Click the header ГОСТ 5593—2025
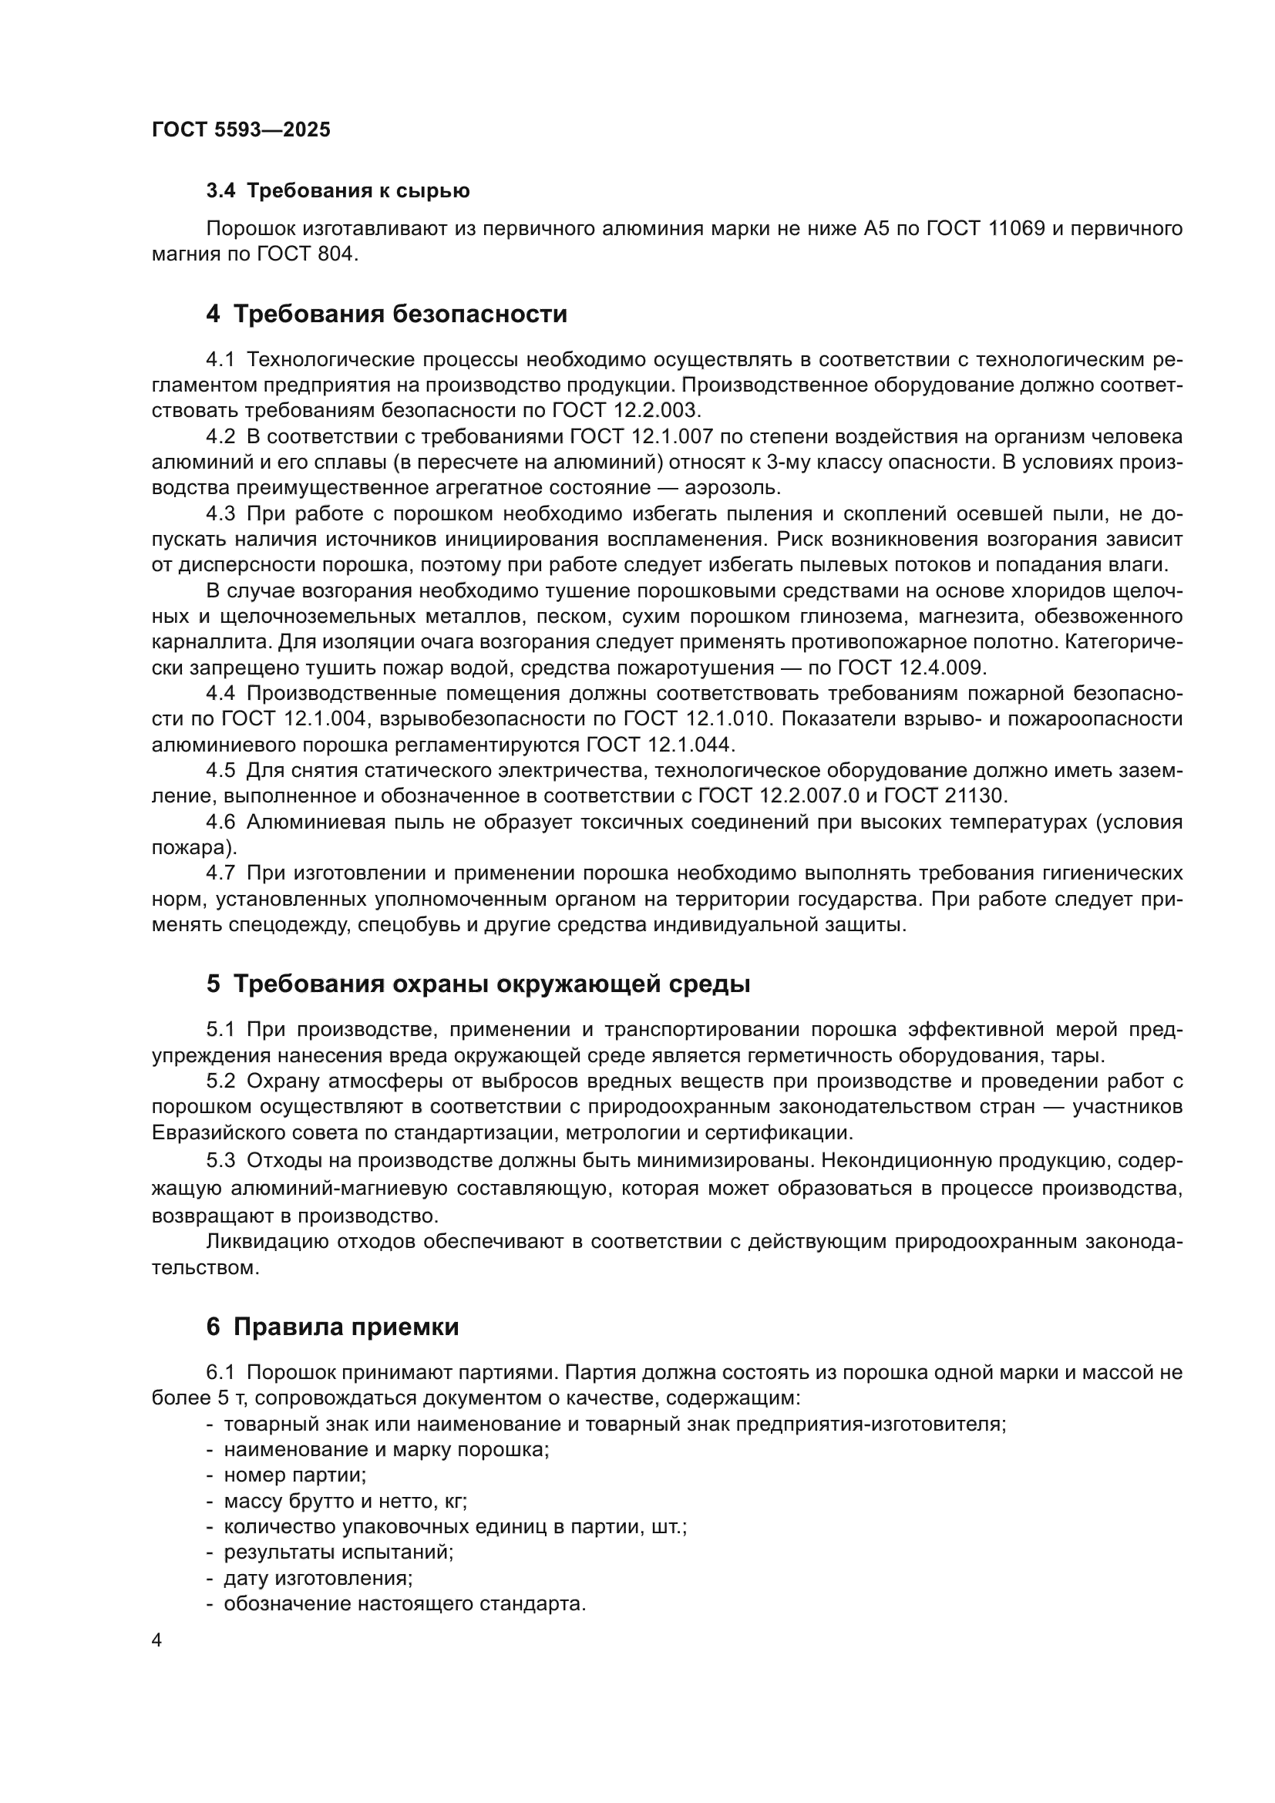point(241,130)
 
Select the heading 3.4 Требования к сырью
point(338,191)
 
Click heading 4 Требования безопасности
point(386,314)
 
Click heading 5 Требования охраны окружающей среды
point(478,984)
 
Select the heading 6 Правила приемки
point(332,1327)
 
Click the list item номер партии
point(294,1475)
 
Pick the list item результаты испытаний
point(338,1552)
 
